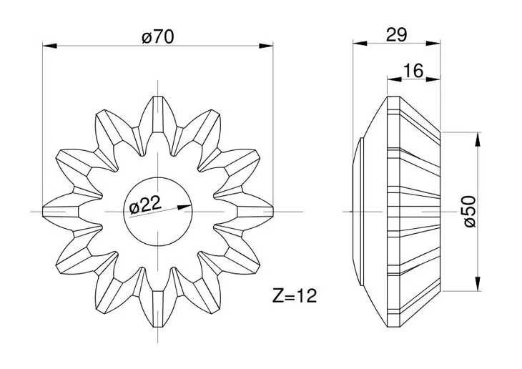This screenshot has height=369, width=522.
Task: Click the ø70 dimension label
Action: [158, 36]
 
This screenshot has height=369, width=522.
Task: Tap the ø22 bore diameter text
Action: [145, 205]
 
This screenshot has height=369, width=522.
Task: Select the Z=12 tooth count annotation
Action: [295, 295]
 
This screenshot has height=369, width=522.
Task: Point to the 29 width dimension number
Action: [396, 34]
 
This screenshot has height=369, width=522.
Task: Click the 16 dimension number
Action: [413, 71]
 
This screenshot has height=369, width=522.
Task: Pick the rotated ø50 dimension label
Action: [470, 212]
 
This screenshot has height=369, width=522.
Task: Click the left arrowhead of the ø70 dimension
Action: [49, 46]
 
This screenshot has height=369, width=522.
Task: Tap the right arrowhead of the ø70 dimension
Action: [266, 46]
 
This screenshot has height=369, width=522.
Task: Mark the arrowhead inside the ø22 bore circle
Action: [184, 207]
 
